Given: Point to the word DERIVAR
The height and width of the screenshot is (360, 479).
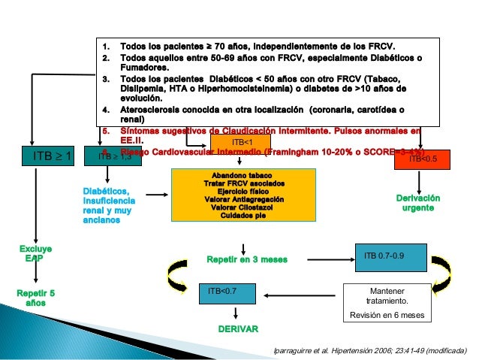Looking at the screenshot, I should (x=238, y=329).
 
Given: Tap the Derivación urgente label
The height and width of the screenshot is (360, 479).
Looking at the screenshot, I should (x=417, y=202).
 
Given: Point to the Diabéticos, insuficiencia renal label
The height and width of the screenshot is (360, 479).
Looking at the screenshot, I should (x=110, y=205).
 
